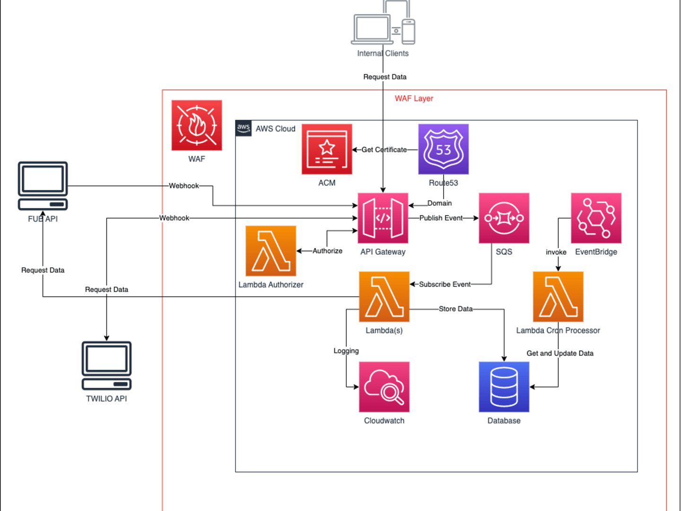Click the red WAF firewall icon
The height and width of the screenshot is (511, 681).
tap(197, 125)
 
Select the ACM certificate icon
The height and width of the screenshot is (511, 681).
tap(327, 149)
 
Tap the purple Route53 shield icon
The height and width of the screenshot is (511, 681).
tap(443, 149)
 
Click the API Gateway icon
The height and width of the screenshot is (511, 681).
tap(383, 218)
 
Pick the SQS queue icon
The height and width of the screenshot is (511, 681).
tap(504, 218)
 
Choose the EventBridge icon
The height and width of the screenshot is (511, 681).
tap(596, 218)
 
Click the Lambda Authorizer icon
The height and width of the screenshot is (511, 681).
tap(271, 251)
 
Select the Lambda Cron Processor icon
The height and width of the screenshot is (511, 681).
tap(558, 297)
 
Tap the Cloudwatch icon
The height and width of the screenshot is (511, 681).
tap(384, 387)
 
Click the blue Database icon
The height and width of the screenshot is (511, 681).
tap(504, 387)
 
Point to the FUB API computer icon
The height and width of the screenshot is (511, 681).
tap(43, 186)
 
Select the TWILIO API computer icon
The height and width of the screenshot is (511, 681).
tap(106, 365)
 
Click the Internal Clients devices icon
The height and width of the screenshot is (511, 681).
tap(383, 22)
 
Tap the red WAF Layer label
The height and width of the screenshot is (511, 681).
tap(414, 98)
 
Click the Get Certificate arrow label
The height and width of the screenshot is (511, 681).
tap(384, 150)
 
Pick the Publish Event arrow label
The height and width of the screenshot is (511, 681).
tap(441, 218)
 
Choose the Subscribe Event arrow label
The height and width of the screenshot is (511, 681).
tap(445, 284)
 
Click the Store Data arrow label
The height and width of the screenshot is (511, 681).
tap(455, 308)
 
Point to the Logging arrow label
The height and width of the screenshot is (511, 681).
tap(346, 351)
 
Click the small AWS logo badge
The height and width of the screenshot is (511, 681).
tap(244, 128)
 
